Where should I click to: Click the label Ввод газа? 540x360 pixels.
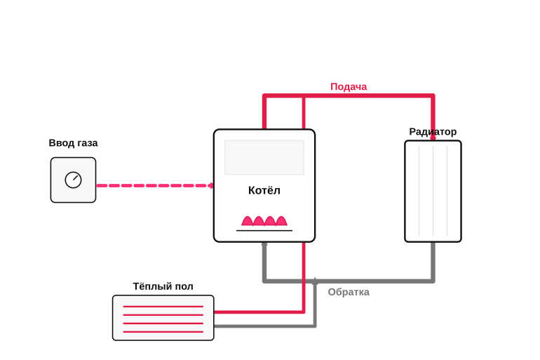coord(73,143)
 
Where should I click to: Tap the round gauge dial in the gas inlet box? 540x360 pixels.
coord(73,180)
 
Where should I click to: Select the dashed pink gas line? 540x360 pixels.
coord(155,186)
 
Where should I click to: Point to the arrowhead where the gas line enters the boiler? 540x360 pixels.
coord(211,186)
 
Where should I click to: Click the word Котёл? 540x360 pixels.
coord(264,190)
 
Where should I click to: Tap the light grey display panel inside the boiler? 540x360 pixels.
coord(264,157)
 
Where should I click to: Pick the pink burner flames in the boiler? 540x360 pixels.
coord(264,221)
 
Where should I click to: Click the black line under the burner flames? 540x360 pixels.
coord(264,230)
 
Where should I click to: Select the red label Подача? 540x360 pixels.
coord(349,87)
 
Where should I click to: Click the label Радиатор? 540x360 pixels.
coord(433,132)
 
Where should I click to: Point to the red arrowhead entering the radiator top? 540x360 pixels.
coord(433,138)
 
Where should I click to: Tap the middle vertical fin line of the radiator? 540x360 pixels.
coord(433,191)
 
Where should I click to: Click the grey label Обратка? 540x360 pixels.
coord(349,292)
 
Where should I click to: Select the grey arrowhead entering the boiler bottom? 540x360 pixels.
coord(264,245)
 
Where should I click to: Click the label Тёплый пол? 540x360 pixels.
coord(163,286)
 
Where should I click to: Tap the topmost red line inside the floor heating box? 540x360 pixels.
coord(163,306)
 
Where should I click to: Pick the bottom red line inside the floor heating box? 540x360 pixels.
coord(163,332)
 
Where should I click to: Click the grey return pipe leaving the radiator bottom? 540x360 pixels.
coord(433,262)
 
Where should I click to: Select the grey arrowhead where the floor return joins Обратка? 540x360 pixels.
coord(315,281)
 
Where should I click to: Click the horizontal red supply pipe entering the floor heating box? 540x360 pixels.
coord(259,312)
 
